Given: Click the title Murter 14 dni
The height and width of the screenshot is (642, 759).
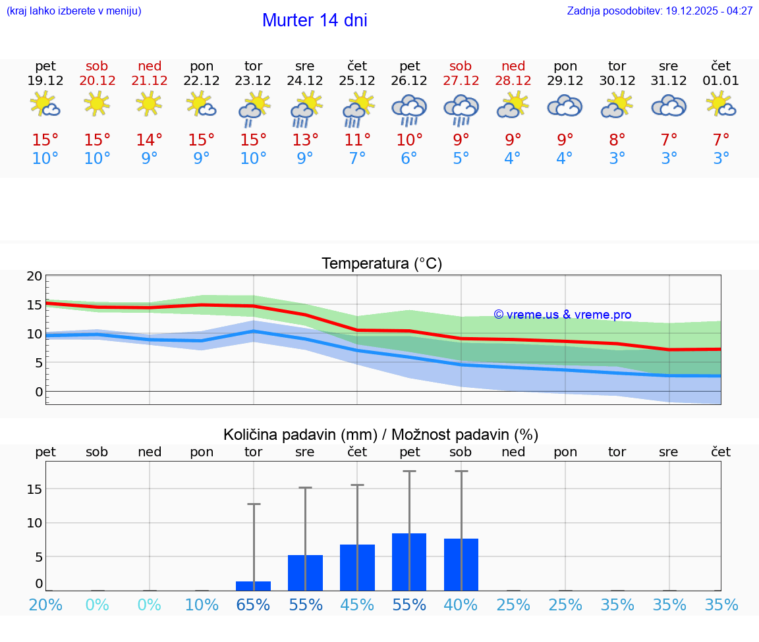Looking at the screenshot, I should (314, 20).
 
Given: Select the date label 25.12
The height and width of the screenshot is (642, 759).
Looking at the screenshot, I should (357, 81).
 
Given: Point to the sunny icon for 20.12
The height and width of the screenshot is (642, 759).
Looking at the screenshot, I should (97, 103).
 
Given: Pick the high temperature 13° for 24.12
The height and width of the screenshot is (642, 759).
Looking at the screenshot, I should (305, 140).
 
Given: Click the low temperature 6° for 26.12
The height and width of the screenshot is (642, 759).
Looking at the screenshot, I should (409, 159).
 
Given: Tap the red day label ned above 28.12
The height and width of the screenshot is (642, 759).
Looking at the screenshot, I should (513, 66).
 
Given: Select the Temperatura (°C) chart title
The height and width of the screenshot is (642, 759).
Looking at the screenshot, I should (381, 264).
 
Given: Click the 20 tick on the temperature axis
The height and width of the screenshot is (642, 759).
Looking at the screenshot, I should (34, 277).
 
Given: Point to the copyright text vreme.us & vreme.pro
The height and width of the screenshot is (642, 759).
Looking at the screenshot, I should (563, 315).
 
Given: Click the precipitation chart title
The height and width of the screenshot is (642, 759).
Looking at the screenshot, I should (381, 435).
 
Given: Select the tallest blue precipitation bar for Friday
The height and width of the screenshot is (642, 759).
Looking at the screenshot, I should (409, 562).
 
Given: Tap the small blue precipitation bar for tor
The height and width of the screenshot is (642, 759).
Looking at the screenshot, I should (253, 585).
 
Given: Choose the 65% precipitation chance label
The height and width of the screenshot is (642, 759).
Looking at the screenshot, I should (253, 605).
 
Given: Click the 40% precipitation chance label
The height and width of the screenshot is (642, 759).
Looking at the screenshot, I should (461, 605).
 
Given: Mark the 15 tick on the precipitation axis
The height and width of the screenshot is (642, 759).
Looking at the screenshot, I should (34, 489).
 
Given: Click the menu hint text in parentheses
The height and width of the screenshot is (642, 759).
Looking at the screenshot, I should (73, 11).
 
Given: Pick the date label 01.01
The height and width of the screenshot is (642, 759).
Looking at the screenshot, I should (721, 81).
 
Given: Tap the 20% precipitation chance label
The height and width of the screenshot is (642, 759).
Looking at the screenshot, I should (45, 605).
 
